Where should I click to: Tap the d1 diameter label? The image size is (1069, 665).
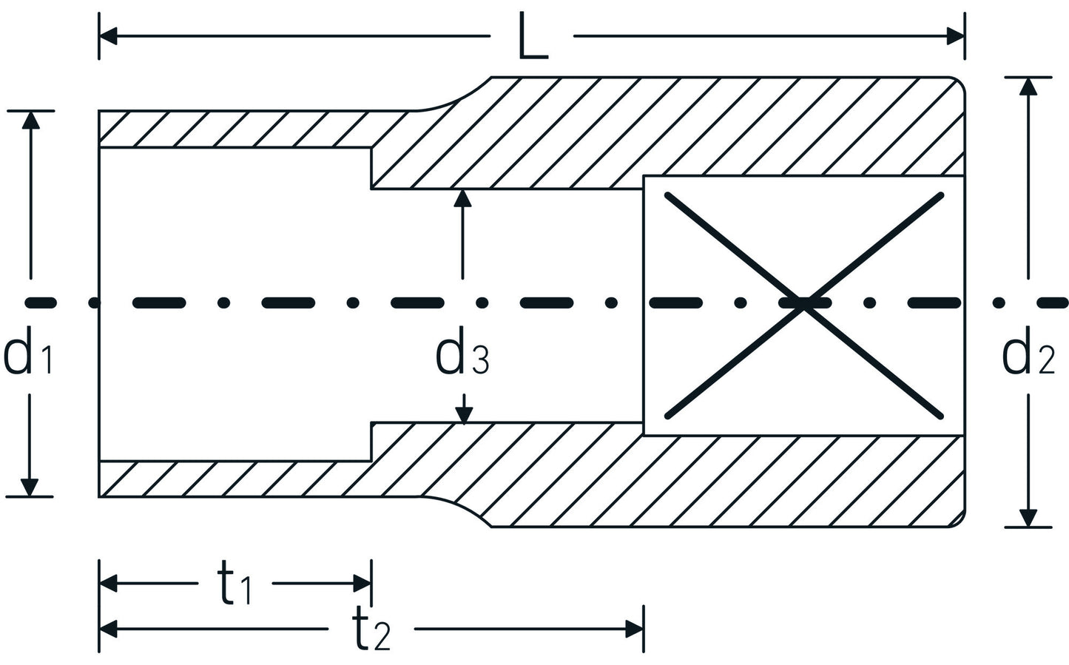point(27,355)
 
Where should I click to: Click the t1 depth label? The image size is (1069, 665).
point(234,584)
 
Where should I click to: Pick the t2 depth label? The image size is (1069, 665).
point(370,630)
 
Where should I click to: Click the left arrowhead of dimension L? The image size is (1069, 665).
point(108,36)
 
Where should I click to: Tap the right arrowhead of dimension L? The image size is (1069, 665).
point(955,36)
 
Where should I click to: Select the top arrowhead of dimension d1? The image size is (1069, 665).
point(30,120)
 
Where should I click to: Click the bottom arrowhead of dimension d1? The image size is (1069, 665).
point(30,487)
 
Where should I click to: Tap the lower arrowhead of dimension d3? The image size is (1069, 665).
point(463,416)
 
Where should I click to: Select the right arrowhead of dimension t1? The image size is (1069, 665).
point(362,584)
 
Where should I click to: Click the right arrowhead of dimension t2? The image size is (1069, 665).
point(635,629)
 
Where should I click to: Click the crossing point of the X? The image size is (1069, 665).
point(804,304)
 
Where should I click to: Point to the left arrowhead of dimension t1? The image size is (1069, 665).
point(109,584)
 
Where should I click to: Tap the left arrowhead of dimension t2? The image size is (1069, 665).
point(109,629)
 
